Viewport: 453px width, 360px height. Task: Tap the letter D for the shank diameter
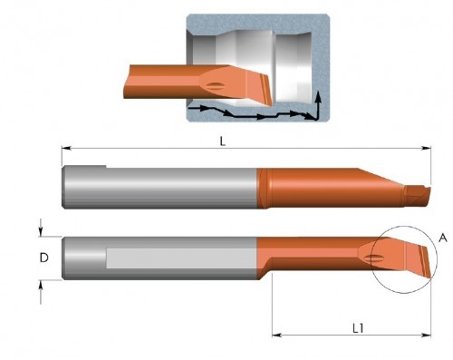pos(43,258)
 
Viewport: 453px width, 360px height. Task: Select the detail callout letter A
pos(442,237)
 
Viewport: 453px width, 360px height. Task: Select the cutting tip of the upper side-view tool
pos(419,192)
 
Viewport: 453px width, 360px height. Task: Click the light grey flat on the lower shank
pos(181,258)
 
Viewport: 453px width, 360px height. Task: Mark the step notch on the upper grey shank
pos(106,167)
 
